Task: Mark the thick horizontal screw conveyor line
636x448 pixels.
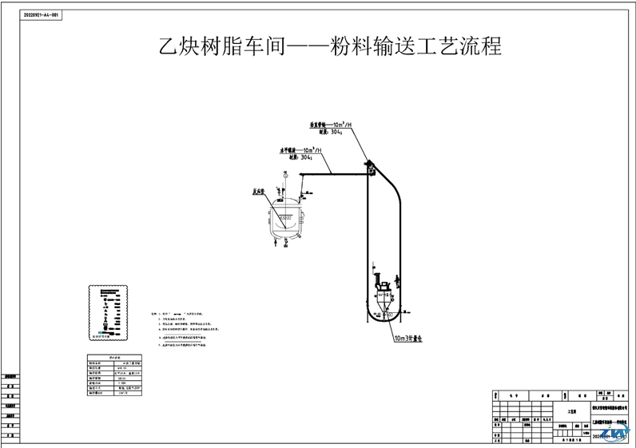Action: coord(332,174)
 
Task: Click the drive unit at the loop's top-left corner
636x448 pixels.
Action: coord(371,168)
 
